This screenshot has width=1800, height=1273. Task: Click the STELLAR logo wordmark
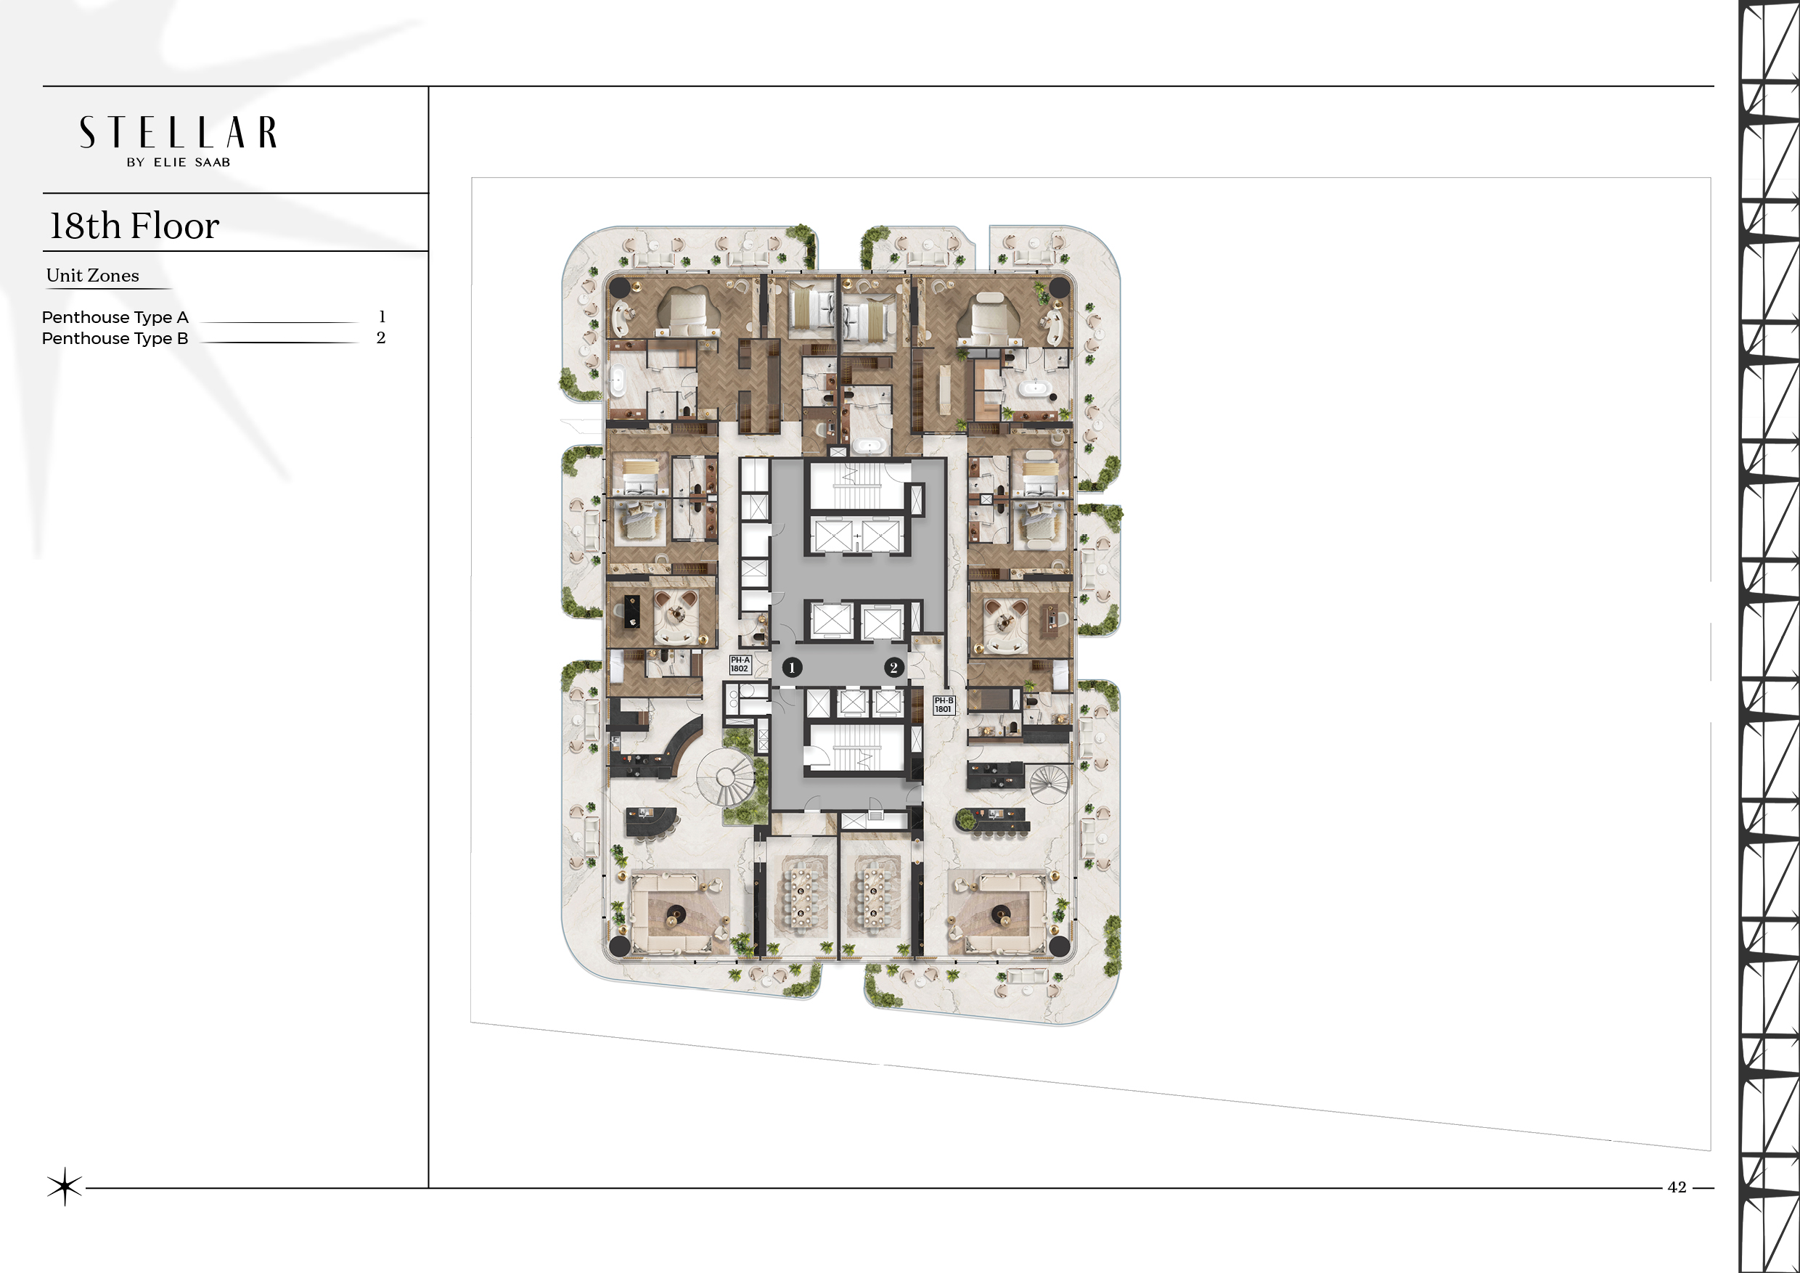click(178, 133)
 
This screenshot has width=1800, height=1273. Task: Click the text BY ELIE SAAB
click(179, 163)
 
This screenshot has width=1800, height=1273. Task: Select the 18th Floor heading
click(134, 226)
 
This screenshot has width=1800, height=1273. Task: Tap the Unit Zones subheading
click(92, 275)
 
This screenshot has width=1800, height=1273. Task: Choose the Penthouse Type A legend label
click(115, 317)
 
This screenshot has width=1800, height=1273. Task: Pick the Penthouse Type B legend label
click(115, 339)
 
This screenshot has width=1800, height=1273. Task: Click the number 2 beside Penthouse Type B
click(381, 338)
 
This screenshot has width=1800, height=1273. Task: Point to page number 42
click(1677, 1187)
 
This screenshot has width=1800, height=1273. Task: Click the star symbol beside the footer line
click(65, 1186)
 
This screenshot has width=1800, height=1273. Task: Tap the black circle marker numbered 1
click(792, 668)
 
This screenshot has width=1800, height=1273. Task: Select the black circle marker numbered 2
click(893, 668)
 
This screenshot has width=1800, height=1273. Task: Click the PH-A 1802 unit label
click(740, 665)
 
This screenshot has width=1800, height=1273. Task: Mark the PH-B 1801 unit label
click(944, 705)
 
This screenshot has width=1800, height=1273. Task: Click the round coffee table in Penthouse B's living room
click(1000, 913)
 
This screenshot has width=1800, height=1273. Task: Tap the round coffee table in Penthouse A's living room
click(676, 913)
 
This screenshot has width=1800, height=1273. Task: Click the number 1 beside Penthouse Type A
click(382, 316)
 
